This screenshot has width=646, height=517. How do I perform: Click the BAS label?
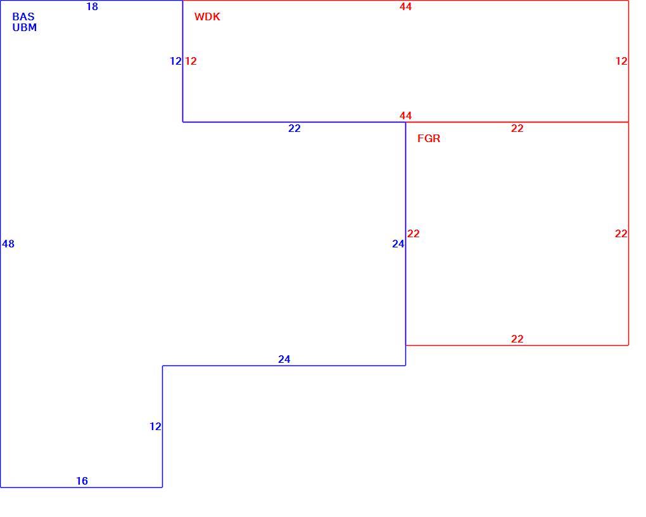coord(23,17)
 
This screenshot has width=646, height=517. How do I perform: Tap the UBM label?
coord(25,28)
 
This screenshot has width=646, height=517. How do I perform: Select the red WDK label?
coord(207,17)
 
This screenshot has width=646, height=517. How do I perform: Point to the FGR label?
coord(429,139)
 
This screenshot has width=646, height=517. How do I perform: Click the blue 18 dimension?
coord(92,6)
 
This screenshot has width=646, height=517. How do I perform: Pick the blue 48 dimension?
coord(8,244)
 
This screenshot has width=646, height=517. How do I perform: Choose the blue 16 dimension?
coord(82,481)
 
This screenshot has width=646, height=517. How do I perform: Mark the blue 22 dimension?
coord(294,129)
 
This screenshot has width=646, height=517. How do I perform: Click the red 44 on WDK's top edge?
coord(406,6)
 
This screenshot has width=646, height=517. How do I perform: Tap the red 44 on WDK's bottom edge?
coord(406,115)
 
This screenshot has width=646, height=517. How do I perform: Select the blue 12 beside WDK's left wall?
coord(176,61)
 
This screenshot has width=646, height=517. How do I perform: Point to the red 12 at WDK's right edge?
coord(622,61)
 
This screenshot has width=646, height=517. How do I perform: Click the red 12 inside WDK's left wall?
coord(191,61)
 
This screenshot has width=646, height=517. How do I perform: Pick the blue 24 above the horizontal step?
coord(284,360)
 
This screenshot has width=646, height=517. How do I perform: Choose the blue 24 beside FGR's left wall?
coord(398,244)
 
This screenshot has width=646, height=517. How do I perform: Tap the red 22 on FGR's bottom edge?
coord(517,339)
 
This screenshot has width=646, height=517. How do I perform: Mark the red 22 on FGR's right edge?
coord(621,234)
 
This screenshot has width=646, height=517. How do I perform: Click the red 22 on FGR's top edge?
coord(517,129)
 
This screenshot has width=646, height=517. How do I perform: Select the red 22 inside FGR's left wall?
coord(414,234)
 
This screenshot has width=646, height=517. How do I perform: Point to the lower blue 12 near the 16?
coord(155,427)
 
